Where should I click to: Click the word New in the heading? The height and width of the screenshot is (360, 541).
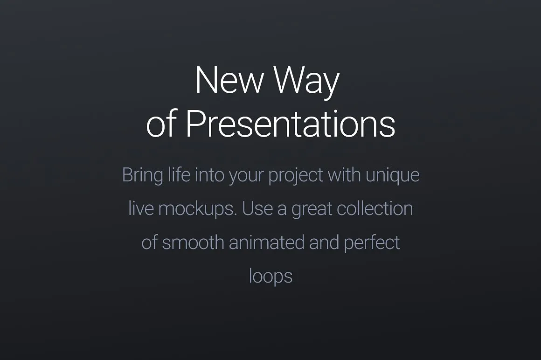[229, 81]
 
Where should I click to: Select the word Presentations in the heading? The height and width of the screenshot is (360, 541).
[290, 124]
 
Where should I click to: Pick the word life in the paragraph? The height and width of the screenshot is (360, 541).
[179, 175]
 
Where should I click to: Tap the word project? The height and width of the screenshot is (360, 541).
[296, 176]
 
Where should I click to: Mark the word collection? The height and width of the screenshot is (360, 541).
[375, 208]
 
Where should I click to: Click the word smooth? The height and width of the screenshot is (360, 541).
[193, 242]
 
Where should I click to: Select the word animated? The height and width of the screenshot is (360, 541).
[266, 242]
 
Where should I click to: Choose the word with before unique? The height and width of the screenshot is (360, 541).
[344, 175]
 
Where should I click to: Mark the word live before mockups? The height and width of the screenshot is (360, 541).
[141, 208]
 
